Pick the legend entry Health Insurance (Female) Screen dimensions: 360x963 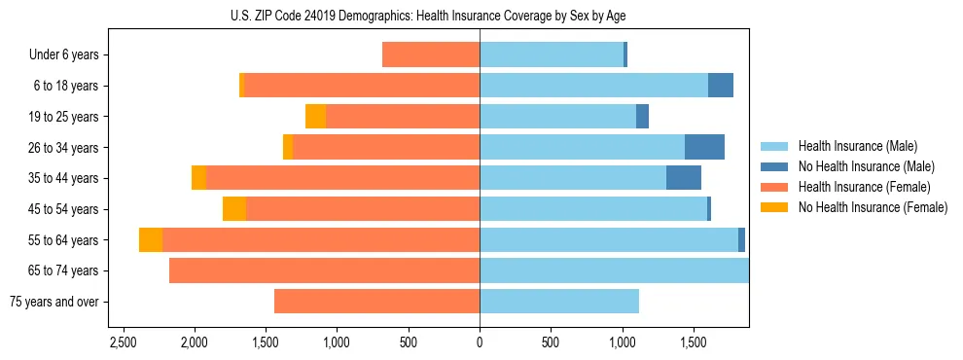point(857,187)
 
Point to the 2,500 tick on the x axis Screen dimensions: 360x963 point(123,343)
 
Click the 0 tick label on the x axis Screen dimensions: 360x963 point(480,343)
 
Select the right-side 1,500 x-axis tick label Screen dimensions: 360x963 point(693,343)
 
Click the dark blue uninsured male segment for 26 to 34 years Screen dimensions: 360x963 point(704,147)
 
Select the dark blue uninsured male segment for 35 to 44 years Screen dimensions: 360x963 point(684,178)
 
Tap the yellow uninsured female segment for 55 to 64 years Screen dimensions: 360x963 point(151,239)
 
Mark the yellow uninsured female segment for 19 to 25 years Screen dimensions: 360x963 point(315,116)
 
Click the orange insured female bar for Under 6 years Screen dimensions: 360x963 point(431,54)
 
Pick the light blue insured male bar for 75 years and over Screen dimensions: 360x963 point(559,302)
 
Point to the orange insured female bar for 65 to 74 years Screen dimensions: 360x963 point(324,270)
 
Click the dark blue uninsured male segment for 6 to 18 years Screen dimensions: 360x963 point(721,86)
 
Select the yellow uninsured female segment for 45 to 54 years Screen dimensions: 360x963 point(234,209)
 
